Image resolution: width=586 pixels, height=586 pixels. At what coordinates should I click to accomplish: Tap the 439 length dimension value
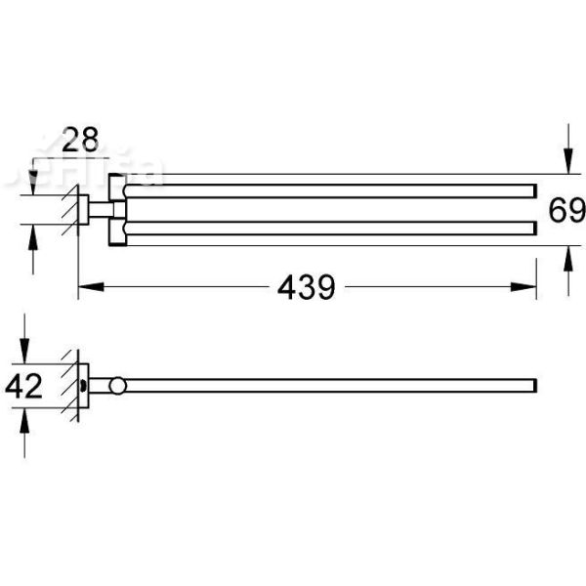click(x=306, y=287)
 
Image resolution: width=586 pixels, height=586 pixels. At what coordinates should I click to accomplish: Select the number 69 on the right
click(x=566, y=211)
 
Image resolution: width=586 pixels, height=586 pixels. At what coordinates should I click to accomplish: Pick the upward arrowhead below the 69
click(x=567, y=256)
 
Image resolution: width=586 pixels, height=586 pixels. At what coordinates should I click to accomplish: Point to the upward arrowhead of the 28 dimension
click(x=32, y=235)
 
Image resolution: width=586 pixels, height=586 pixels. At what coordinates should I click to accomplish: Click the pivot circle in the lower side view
click(x=118, y=386)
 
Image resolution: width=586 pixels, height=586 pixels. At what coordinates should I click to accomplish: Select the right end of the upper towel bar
click(x=534, y=190)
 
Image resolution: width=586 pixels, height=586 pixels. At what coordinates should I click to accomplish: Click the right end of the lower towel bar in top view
click(x=534, y=230)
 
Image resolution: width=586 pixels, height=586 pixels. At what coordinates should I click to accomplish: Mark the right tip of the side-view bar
click(x=534, y=386)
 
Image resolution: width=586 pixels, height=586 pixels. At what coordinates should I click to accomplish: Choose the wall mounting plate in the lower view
click(x=84, y=386)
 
